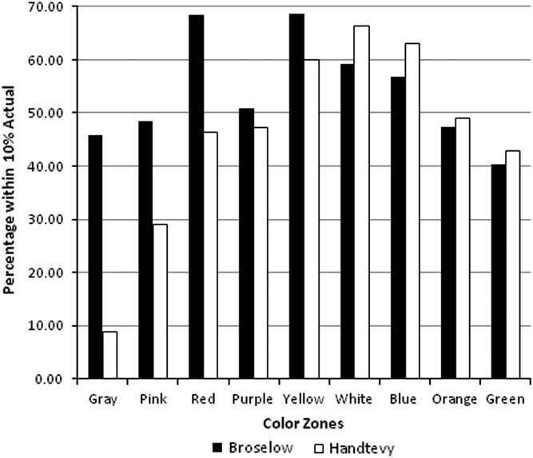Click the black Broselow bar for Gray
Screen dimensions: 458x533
pyautogui.click(x=95, y=257)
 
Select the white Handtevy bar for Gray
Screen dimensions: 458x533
pyautogui.click(x=110, y=355)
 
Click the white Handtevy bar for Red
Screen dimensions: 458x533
pyautogui.click(x=210, y=255)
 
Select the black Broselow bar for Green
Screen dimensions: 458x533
pyautogui.click(x=498, y=272)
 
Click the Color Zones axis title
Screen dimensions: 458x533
pyautogui.click(x=304, y=420)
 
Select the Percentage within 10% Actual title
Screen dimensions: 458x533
pyautogui.click(x=13, y=193)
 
